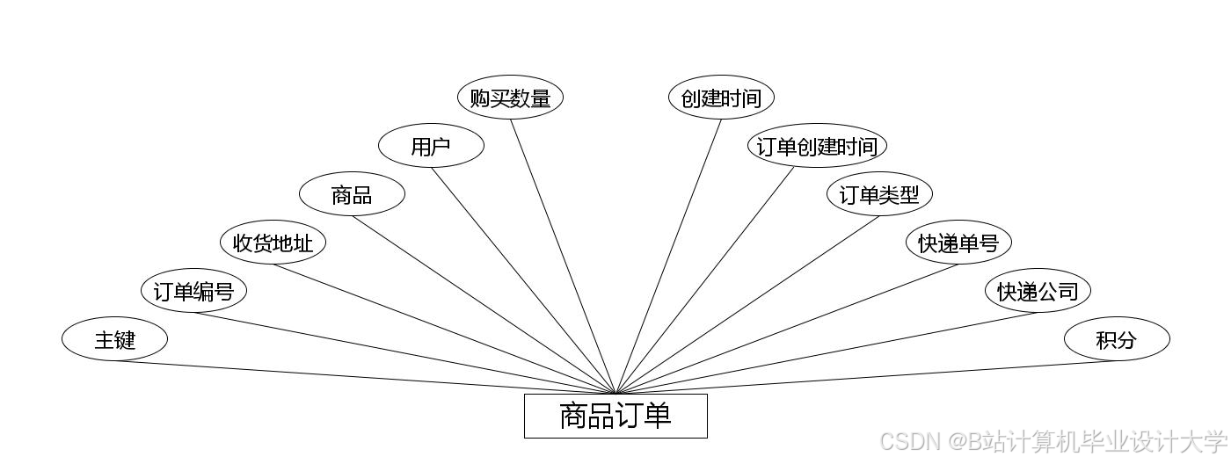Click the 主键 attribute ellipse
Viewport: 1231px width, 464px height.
[x=114, y=339]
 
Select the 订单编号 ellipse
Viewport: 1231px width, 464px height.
[x=193, y=291]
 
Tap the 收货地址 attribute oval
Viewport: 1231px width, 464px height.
[x=273, y=243]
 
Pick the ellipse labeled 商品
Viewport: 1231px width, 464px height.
[x=352, y=194]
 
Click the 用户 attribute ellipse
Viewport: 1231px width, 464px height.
[x=431, y=146]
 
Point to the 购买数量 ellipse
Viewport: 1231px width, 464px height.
[x=510, y=98]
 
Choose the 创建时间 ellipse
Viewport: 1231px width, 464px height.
[x=721, y=98]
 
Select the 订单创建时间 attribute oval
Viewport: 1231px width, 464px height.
[x=818, y=146]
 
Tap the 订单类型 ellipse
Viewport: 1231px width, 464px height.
[x=879, y=194]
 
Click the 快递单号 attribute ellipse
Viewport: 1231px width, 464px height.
[x=958, y=243]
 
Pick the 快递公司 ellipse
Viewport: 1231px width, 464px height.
[x=1038, y=291]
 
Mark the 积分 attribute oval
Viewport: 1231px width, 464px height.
[x=1117, y=339]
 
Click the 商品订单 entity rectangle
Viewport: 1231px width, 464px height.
[x=615, y=416]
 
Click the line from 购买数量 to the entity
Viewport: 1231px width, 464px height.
[x=563, y=255]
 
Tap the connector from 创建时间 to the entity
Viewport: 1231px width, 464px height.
[x=668, y=255]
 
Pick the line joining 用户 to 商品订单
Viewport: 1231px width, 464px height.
[x=523, y=279]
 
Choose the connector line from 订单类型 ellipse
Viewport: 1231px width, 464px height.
[x=747, y=304]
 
